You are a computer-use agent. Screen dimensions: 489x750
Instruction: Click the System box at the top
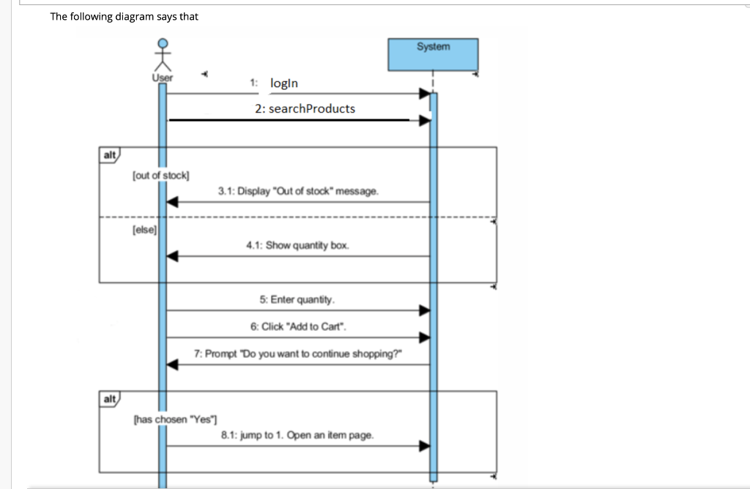(x=433, y=54)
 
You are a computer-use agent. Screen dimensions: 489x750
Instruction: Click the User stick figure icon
(x=163, y=55)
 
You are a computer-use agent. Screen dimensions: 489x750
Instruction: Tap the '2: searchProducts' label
(x=305, y=108)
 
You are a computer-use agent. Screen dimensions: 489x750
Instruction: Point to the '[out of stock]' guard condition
(x=160, y=175)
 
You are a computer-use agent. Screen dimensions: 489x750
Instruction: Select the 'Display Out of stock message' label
(x=298, y=191)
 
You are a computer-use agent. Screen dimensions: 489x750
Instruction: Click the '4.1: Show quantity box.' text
(x=297, y=245)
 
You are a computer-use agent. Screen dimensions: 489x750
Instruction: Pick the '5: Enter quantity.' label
(x=297, y=299)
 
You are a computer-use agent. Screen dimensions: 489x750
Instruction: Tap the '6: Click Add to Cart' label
(x=297, y=326)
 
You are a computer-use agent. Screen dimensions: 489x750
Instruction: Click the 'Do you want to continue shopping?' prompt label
(x=298, y=354)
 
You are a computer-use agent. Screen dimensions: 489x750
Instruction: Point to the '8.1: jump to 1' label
(x=297, y=435)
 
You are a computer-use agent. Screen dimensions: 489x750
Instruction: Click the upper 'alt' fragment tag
(x=110, y=154)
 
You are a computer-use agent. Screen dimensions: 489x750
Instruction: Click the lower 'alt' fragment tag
(x=110, y=399)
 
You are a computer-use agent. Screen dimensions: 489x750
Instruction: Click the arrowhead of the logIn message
(x=424, y=94)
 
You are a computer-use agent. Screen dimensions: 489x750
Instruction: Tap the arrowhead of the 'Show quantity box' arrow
(x=172, y=256)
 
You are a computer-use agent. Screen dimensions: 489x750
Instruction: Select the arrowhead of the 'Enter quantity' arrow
(x=424, y=310)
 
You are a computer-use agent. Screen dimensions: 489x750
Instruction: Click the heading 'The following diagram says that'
(x=124, y=17)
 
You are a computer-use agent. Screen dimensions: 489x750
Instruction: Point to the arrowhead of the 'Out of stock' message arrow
(x=172, y=202)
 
